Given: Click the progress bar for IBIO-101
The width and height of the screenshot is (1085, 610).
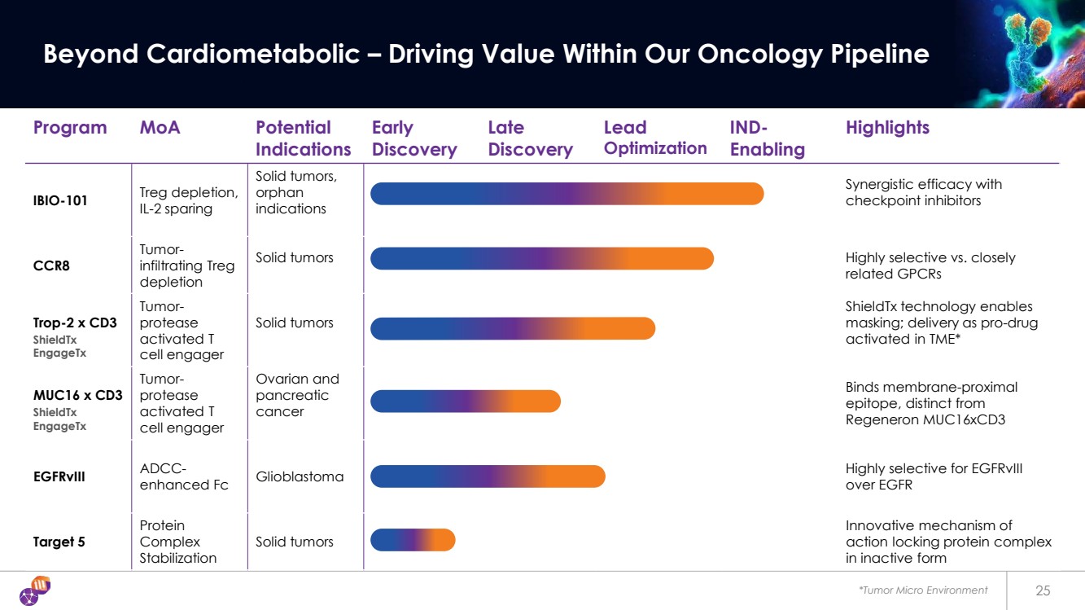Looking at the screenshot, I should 567,194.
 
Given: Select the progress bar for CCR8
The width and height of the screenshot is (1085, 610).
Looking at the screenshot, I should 541,258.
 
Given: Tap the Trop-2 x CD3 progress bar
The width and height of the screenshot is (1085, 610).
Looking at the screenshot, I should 512,328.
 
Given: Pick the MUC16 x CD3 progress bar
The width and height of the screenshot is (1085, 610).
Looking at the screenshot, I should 465,402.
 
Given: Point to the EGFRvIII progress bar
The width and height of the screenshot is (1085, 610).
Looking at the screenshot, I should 488,476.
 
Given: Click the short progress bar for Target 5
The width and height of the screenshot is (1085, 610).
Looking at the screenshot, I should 413,540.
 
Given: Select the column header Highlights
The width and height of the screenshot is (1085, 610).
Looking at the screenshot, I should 887,128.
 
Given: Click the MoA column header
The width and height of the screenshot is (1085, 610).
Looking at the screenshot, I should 160,128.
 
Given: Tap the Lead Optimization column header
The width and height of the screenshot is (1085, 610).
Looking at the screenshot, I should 655,138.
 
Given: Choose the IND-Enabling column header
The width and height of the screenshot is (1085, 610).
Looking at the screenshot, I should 767,138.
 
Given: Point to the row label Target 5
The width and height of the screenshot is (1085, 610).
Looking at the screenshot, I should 59,542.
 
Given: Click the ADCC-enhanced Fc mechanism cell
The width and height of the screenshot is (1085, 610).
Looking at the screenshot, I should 184,476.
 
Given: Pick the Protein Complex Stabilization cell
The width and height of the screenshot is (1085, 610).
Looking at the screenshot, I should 178,542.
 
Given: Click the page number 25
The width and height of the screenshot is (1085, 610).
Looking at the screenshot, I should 1043,590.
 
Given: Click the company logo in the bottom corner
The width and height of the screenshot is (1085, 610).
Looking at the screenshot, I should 34,590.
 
